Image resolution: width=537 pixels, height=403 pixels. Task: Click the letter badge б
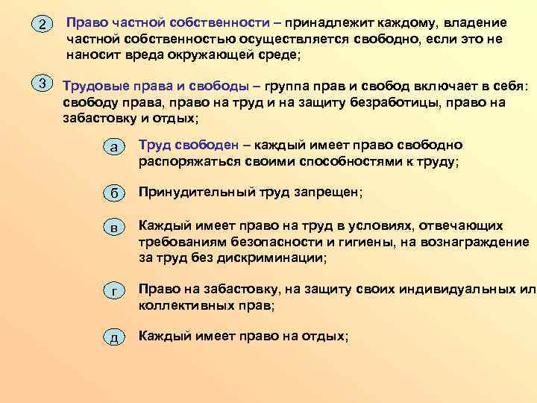pos(113,193)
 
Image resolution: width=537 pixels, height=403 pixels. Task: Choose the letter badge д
pos(113,338)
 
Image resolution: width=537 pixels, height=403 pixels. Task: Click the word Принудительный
pos(189,193)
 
